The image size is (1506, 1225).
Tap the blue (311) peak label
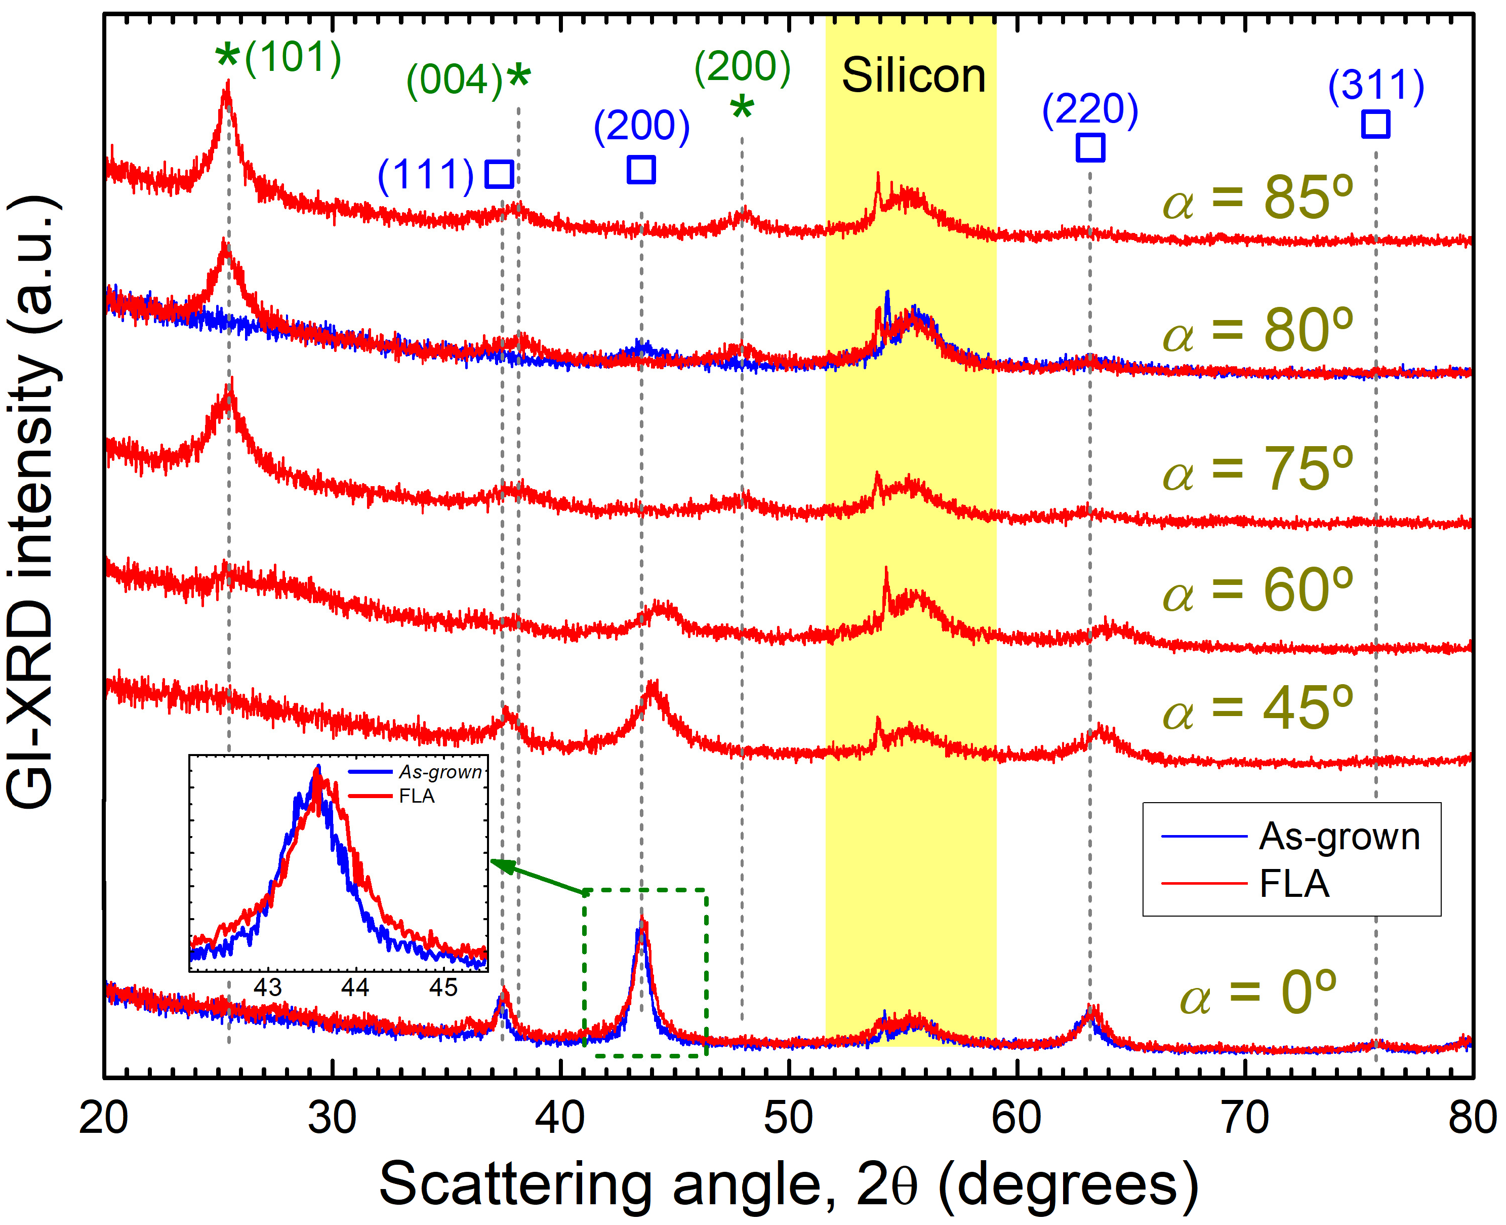pyautogui.click(x=1375, y=86)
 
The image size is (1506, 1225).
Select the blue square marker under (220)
pyautogui.click(x=1090, y=147)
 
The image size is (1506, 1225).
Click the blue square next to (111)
pyautogui.click(x=500, y=174)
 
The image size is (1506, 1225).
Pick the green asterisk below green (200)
pyautogui.click(x=742, y=108)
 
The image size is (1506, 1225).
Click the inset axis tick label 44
pyautogui.click(x=355, y=987)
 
